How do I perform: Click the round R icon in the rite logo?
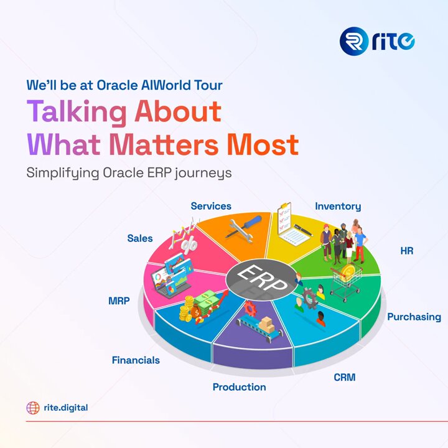tap(354, 41)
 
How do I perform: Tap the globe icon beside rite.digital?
tap(33, 408)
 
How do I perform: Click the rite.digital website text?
tap(66, 408)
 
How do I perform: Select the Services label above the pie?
tap(211, 206)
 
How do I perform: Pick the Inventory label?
tap(338, 207)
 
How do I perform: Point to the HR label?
tap(407, 251)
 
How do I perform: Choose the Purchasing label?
tap(414, 317)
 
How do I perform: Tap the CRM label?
tap(345, 377)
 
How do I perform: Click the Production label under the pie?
tap(239, 387)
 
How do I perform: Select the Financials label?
tap(136, 360)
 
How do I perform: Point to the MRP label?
tap(119, 301)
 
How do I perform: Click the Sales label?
tap(140, 238)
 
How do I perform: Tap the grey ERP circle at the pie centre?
tap(261, 280)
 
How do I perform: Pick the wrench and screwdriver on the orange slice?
tap(243, 229)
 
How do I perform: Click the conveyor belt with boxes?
tap(259, 327)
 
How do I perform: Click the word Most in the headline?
tap(263, 144)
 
